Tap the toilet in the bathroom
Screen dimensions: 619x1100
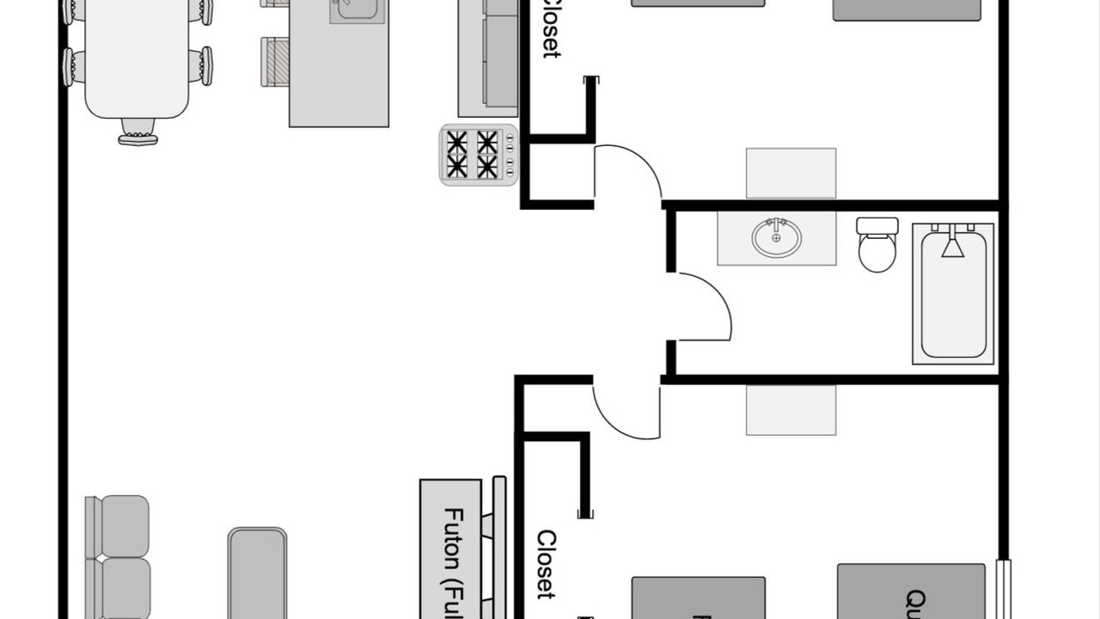click(877, 251)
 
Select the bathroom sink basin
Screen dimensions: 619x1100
click(776, 238)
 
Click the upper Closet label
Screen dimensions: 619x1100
click(551, 28)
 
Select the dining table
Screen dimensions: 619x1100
click(137, 56)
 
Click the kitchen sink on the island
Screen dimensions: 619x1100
click(357, 9)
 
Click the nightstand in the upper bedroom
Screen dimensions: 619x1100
click(791, 173)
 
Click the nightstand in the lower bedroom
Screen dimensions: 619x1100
click(791, 410)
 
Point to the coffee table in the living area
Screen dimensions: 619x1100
click(257, 573)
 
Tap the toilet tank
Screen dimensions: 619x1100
click(877, 226)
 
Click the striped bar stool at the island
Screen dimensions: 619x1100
click(276, 62)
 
